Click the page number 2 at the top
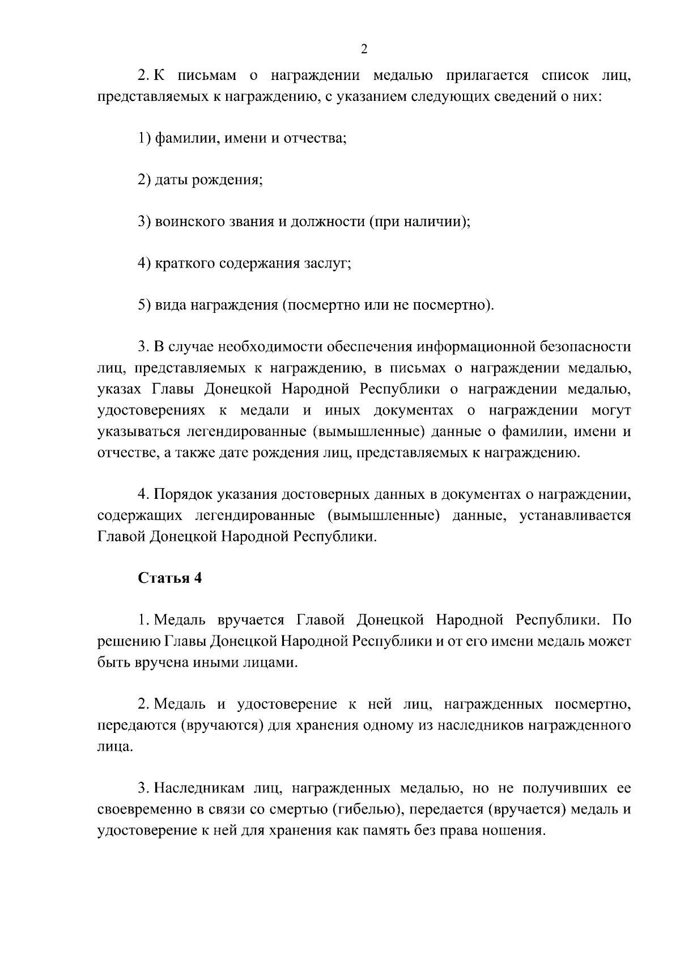[x=364, y=49]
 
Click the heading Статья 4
[x=169, y=578]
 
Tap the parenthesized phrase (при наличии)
[x=420, y=222]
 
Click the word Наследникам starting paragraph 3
[x=199, y=789]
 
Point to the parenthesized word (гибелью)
[x=367, y=810]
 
